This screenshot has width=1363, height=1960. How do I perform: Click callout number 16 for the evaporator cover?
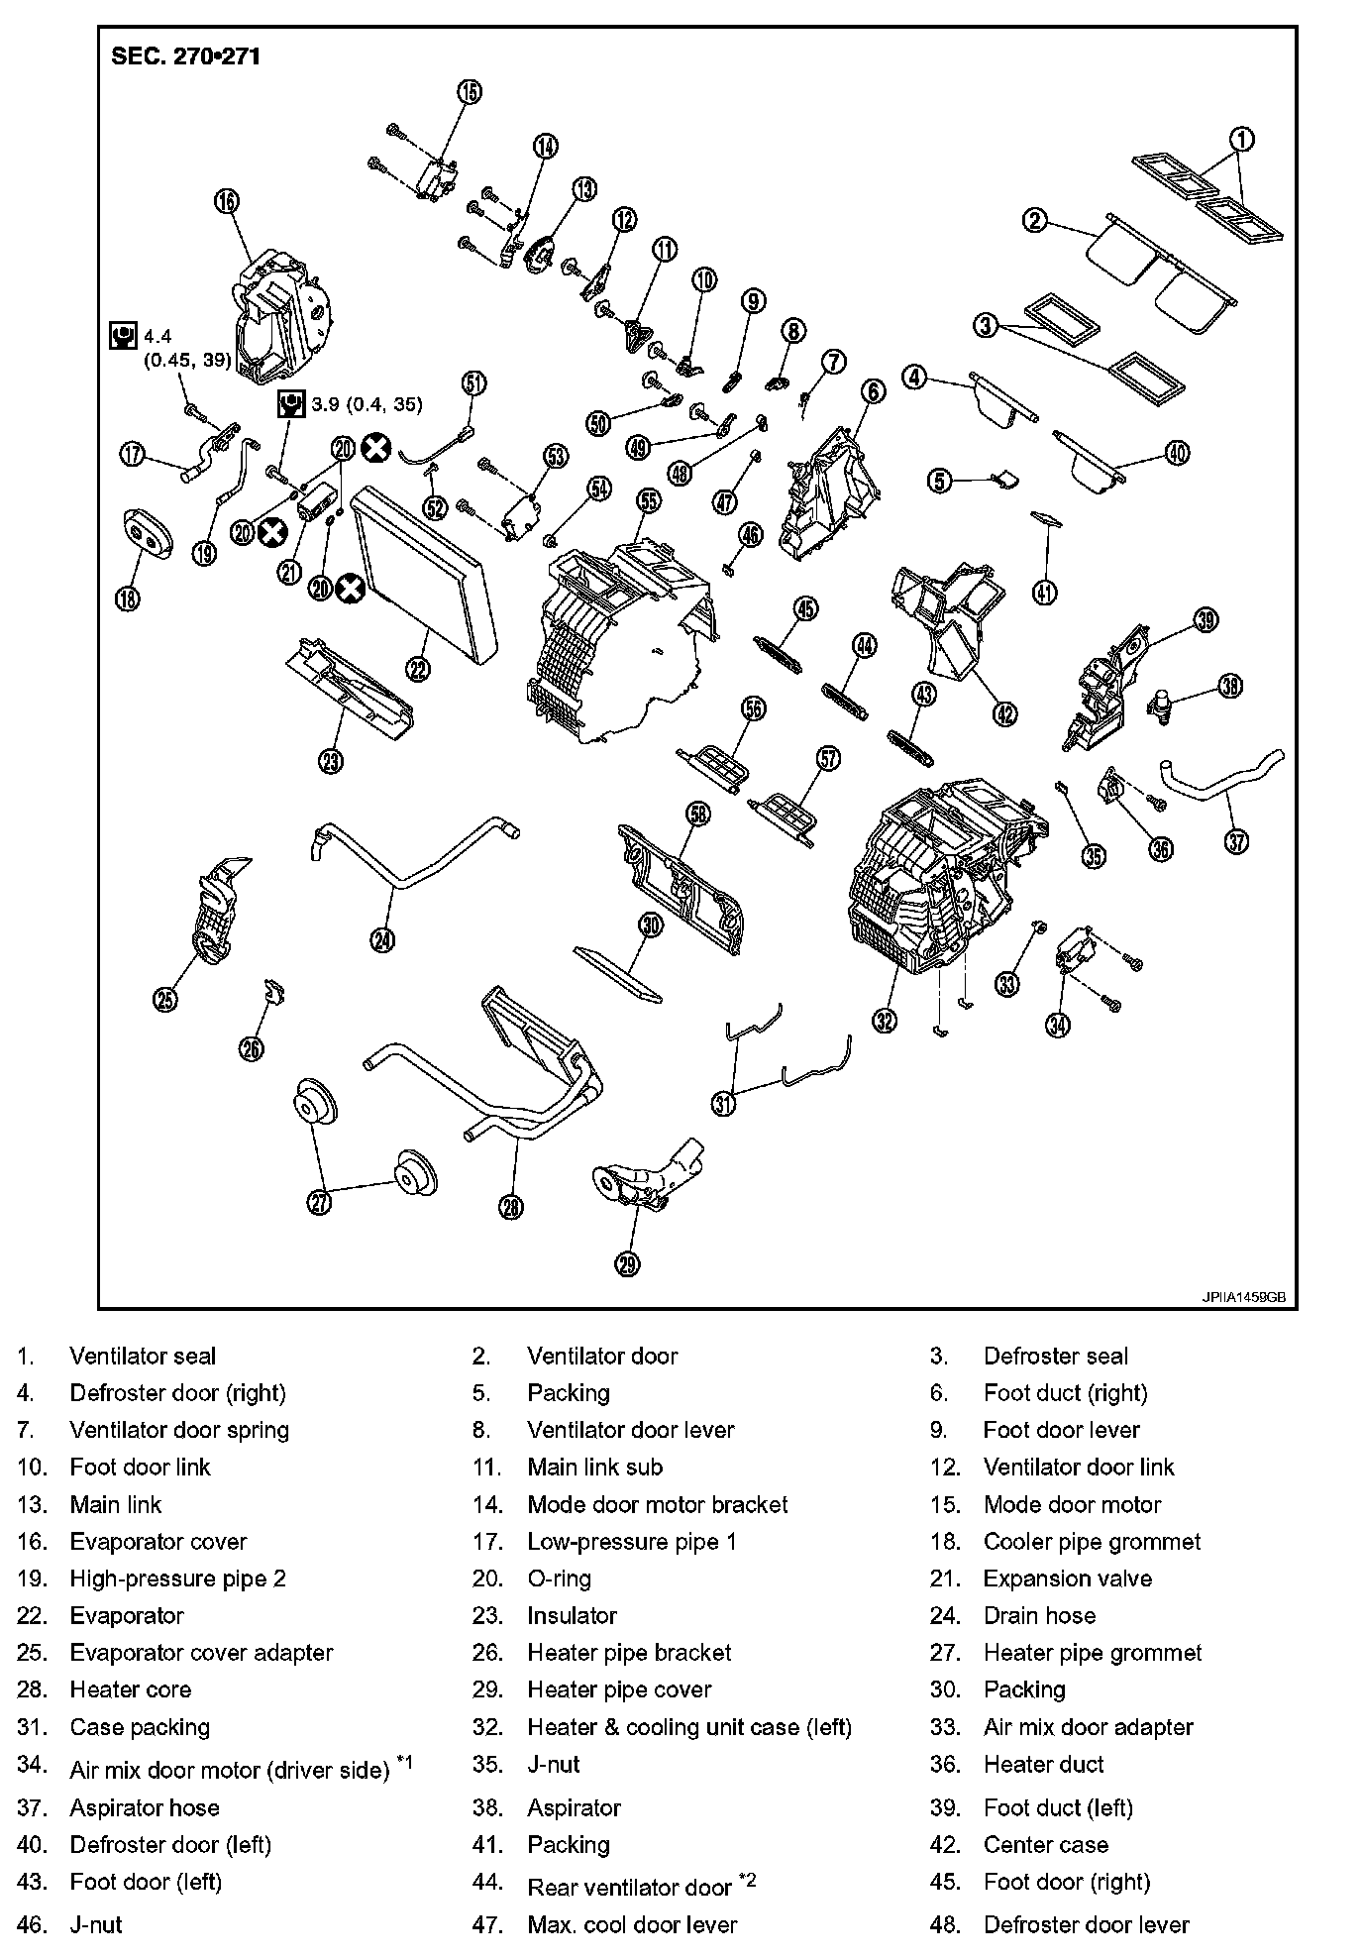(x=226, y=201)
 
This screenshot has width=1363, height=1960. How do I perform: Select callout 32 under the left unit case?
(x=884, y=1020)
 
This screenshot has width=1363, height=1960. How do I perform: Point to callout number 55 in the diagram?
(x=649, y=501)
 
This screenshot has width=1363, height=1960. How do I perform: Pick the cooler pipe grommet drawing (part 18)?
(x=147, y=536)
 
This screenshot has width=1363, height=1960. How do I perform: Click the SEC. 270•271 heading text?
(x=186, y=56)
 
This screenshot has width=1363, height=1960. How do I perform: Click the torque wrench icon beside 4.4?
(x=122, y=336)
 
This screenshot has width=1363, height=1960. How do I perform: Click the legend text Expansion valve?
(x=1067, y=1579)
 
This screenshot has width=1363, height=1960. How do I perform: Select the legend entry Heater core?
(x=130, y=1689)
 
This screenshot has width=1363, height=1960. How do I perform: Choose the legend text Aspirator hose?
(x=144, y=1807)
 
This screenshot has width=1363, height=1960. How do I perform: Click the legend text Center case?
(x=1045, y=1844)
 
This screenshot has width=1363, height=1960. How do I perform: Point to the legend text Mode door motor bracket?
(x=657, y=1504)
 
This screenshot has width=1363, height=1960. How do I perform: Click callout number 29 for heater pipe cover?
(x=627, y=1263)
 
